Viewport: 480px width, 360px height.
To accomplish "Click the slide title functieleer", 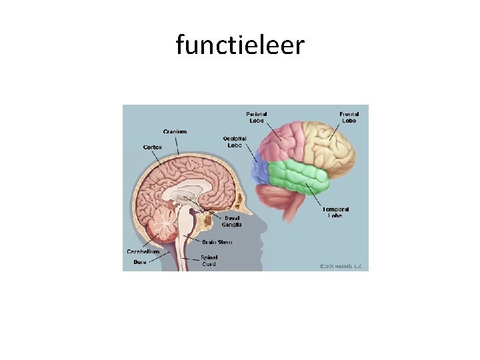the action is pyautogui.click(x=240, y=45).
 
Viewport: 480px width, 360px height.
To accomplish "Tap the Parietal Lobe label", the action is pyautogui.click(x=257, y=117).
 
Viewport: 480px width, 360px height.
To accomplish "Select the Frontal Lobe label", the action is pyautogui.click(x=349, y=117).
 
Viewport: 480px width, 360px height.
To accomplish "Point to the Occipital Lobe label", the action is pyautogui.click(x=235, y=142).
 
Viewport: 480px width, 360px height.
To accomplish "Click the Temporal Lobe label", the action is pyautogui.click(x=337, y=213).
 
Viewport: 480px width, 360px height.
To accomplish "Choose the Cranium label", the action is pyautogui.click(x=175, y=132).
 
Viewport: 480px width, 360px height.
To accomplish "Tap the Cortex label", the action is pyautogui.click(x=153, y=147).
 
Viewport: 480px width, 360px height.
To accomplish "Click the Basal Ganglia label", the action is pyautogui.click(x=233, y=221).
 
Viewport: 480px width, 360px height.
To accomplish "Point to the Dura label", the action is pyautogui.click(x=139, y=262).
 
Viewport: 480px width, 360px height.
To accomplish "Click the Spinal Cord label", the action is pyautogui.click(x=209, y=261).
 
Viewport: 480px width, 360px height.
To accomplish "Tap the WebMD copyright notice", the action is pyautogui.click(x=340, y=265).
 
